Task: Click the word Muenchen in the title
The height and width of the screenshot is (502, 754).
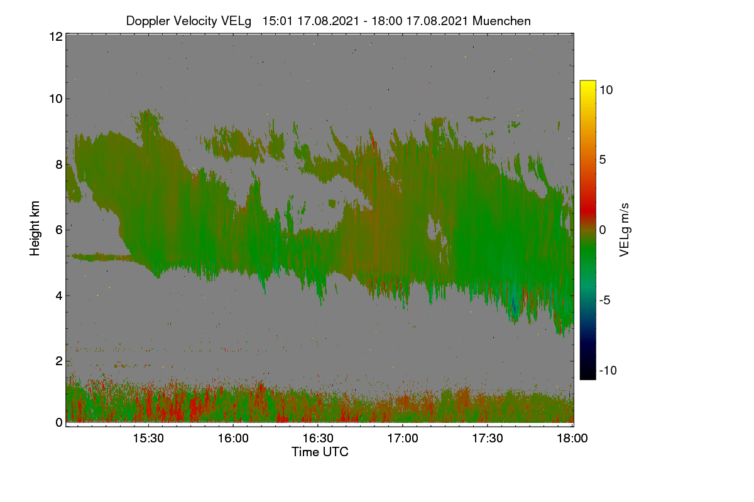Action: pyautogui.click(x=501, y=21)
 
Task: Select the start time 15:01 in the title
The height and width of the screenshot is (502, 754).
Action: pyautogui.click(x=278, y=21)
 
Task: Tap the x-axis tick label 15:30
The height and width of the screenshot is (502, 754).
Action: pyautogui.click(x=148, y=439)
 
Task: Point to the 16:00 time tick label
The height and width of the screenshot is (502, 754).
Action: pyautogui.click(x=233, y=439)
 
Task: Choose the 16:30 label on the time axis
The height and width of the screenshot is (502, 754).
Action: pyautogui.click(x=318, y=439)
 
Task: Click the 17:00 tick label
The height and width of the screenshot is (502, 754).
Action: pyautogui.click(x=403, y=439)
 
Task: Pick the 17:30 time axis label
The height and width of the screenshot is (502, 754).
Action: pyautogui.click(x=488, y=439)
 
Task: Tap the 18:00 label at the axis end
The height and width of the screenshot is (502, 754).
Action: pyautogui.click(x=572, y=439)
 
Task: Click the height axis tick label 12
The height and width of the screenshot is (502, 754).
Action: pyautogui.click(x=56, y=36)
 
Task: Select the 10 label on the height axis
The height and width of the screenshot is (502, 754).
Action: pyautogui.click(x=56, y=99)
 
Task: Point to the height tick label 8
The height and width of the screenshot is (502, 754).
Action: pyautogui.click(x=60, y=165)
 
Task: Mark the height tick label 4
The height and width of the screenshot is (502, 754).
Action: pyautogui.click(x=60, y=296)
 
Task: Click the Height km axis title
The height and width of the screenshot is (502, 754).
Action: pyautogui.click(x=35, y=228)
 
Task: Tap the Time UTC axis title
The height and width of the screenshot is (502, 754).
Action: pyautogui.click(x=320, y=452)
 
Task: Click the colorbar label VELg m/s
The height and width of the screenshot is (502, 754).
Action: pyautogui.click(x=625, y=230)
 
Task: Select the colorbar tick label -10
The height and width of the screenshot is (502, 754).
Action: pyautogui.click(x=608, y=370)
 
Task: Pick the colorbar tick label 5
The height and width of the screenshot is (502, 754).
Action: pyautogui.click(x=603, y=160)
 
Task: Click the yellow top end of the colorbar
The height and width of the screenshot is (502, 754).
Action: pyautogui.click(x=587, y=82)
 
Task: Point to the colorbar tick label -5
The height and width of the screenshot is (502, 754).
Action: pyautogui.click(x=604, y=300)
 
